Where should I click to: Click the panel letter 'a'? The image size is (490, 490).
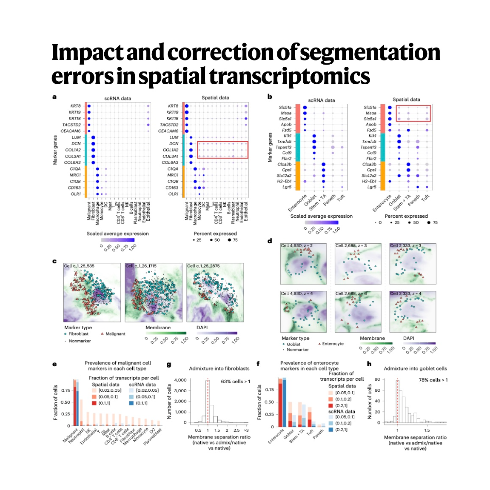[54, 97]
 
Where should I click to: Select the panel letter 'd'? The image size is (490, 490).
[270, 241]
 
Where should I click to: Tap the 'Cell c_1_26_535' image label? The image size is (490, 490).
[79, 266]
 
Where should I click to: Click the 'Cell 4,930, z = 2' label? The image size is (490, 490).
[296, 246]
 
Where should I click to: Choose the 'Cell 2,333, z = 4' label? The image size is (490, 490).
[406, 293]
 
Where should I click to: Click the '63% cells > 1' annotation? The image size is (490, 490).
[235, 382]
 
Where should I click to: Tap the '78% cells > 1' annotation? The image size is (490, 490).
[433, 380]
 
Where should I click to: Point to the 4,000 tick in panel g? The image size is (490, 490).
[180, 380]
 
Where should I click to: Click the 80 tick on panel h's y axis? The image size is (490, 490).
[377, 379]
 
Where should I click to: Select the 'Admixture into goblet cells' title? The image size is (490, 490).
[415, 369]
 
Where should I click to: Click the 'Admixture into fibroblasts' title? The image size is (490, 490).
[219, 368]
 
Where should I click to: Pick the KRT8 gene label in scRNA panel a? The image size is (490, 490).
[75, 106]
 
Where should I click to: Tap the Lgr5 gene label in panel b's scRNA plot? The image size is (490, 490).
[287, 187]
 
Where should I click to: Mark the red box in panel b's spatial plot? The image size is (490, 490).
[413, 113]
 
